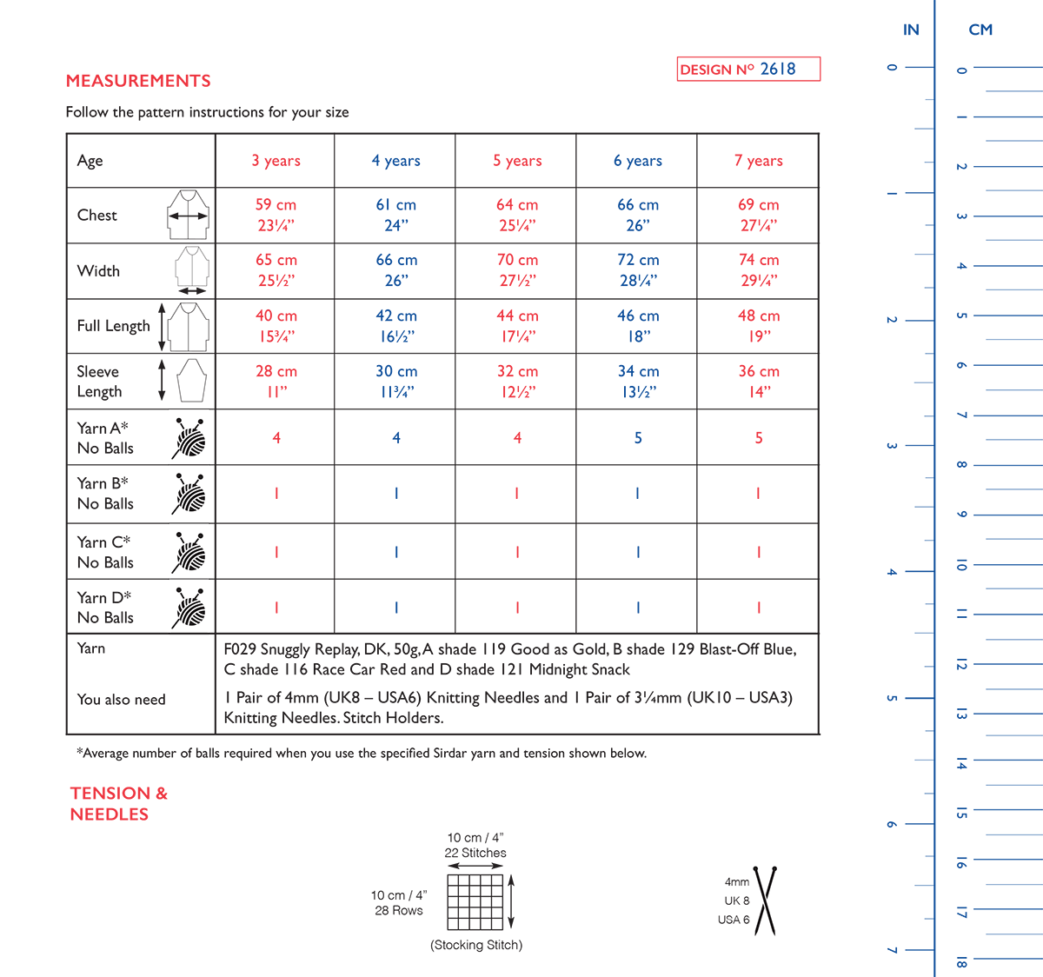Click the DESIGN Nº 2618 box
[748, 70]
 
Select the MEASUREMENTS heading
[138, 81]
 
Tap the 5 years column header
[517, 161]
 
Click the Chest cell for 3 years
[276, 215]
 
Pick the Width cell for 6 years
[638, 270]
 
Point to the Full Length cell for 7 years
[759, 326]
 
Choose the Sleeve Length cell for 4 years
[396, 382]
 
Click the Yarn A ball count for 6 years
[638, 438]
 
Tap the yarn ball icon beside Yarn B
[189, 493]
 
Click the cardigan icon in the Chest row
[189, 215]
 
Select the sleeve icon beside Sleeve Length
[191, 381]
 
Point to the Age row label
[90, 161]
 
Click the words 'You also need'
[121, 700]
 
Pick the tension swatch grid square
[475, 901]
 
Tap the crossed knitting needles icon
[765, 901]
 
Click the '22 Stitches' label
[475, 854]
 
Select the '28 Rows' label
[399, 911]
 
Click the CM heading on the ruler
[980, 30]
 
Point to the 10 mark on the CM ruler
[961, 565]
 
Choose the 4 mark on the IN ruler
[892, 572]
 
